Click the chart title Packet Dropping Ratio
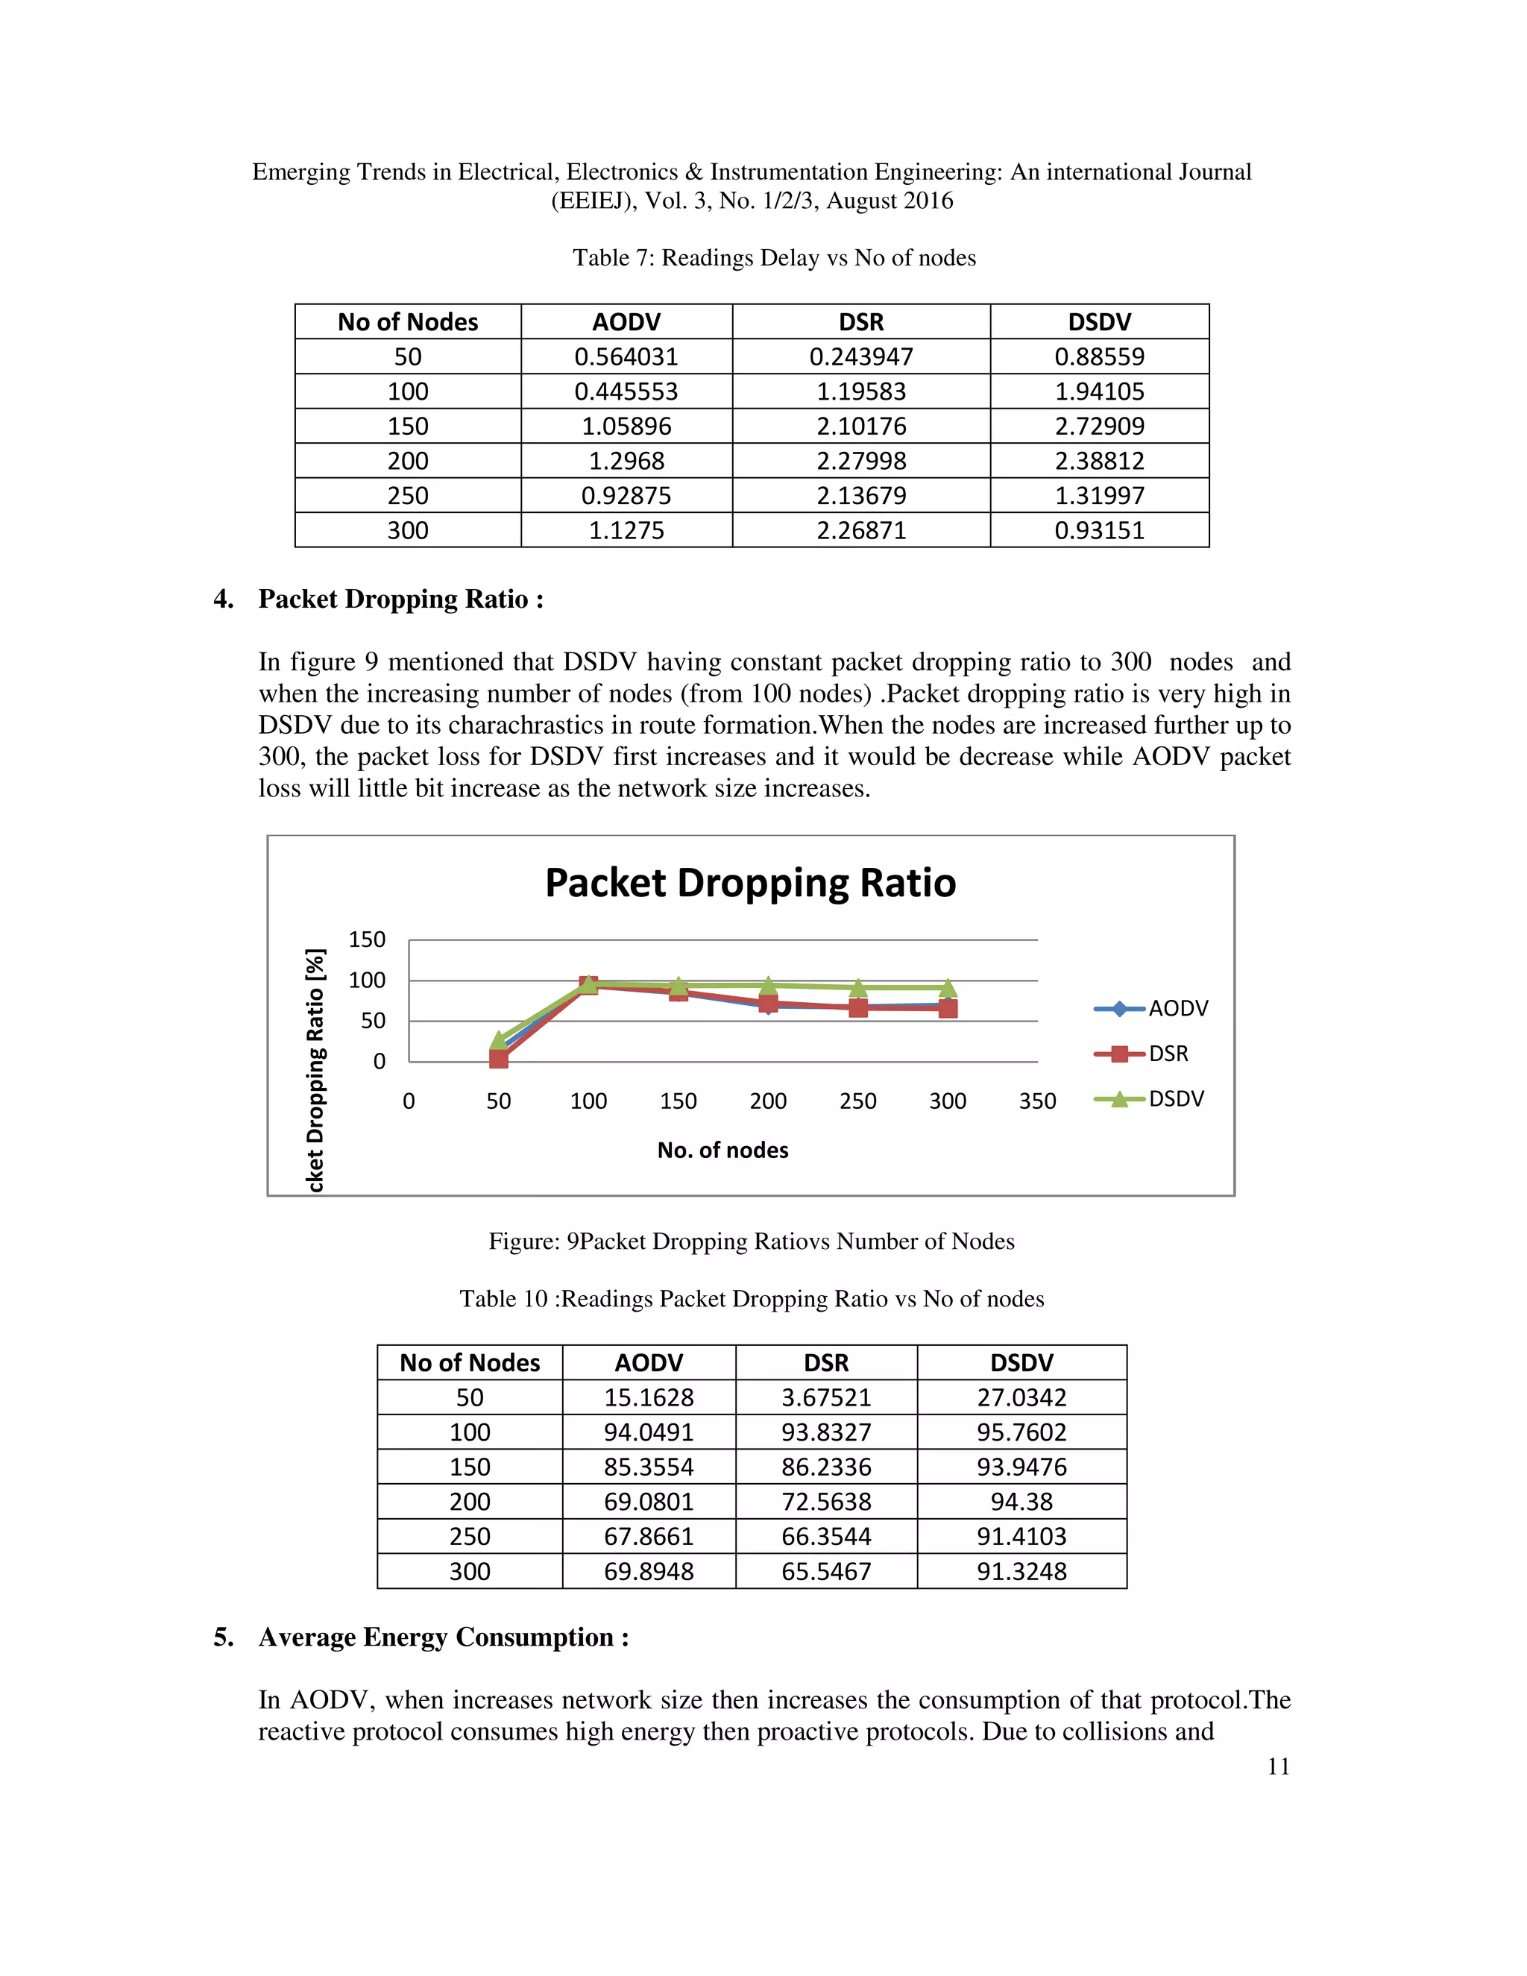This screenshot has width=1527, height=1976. point(750,883)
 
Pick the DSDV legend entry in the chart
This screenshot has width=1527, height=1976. point(1175,1098)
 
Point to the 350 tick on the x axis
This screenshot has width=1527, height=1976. point(1036,1101)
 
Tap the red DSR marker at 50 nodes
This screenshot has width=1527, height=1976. point(499,1057)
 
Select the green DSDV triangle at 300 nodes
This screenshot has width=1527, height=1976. point(947,987)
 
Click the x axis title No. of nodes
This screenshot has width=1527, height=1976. point(722,1150)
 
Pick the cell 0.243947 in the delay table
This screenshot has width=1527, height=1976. point(861,356)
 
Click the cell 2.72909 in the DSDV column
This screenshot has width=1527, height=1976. point(1099,426)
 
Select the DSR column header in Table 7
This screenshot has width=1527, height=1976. point(861,322)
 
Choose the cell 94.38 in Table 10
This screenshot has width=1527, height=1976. point(1021,1501)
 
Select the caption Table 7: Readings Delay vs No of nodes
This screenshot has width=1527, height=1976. point(775,258)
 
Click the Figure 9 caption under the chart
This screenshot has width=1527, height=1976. point(751,1241)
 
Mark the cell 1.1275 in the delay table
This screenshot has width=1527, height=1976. point(626,530)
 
